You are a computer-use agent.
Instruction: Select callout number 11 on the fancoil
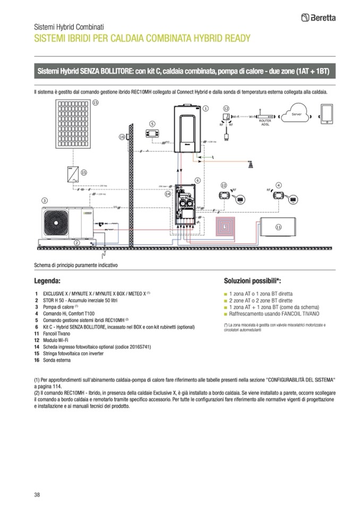pyautogui.click(x=278, y=227)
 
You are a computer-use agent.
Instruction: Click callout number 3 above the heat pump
pyautogui.click(x=44, y=200)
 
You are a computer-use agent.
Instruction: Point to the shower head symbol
pyautogui.click(x=250, y=165)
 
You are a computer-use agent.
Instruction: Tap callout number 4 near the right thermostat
pyautogui.click(x=278, y=185)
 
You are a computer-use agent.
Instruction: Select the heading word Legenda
pyautogui.click(x=48, y=280)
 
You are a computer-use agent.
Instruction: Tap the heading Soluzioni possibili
pyautogui.click(x=252, y=280)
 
